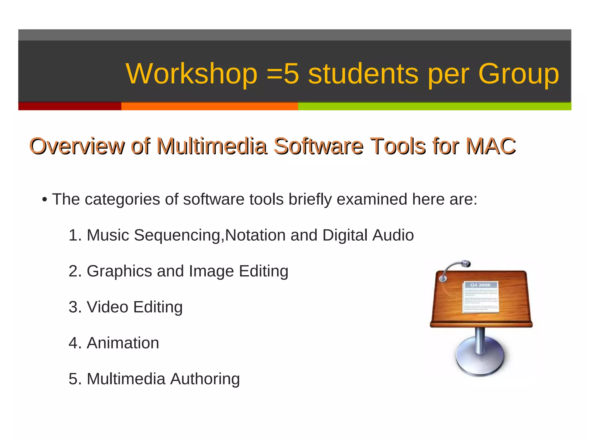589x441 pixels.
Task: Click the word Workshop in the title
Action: click(192, 74)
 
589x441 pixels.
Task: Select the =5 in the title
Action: click(283, 74)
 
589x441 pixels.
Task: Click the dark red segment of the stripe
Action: click(70, 106)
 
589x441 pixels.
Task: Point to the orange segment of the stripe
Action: click(209, 106)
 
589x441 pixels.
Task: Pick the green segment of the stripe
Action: click(434, 106)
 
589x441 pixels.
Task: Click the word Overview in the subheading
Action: click(77, 146)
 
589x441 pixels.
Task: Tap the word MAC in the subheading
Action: click(491, 146)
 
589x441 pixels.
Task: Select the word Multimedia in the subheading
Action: click(212, 146)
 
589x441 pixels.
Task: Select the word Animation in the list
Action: click(123, 343)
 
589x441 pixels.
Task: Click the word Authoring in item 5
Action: click(205, 379)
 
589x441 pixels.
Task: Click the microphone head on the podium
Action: click(465, 263)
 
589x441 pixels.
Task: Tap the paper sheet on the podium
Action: click(481, 297)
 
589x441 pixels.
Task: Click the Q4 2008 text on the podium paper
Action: click(480, 285)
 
